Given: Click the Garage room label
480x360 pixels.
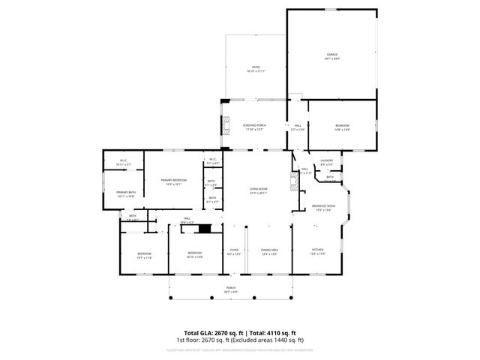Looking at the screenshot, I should pyautogui.click(x=331, y=55).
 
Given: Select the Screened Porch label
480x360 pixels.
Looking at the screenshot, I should pyautogui.click(x=255, y=126).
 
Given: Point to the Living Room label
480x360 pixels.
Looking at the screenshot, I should pyautogui.click(x=258, y=190).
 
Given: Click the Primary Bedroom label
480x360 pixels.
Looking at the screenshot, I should pyautogui.click(x=173, y=181).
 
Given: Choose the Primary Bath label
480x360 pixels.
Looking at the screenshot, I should pyautogui.click(x=125, y=193).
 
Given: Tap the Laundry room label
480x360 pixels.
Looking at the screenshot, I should pyautogui.click(x=326, y=160).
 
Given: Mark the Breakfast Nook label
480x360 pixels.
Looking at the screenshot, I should pyautogui.click(x=323, y=207).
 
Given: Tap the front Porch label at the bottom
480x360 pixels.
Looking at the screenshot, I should pyautogui.click(x=231, y=289).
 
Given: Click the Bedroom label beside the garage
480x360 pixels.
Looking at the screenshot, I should pyautogui.click(x=342, y=126).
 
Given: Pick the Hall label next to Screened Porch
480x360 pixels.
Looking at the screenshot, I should pyautogui.click(x=298, y=126).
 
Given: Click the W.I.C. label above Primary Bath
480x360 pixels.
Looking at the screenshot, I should pyautogui.click(x=125, y=162).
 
